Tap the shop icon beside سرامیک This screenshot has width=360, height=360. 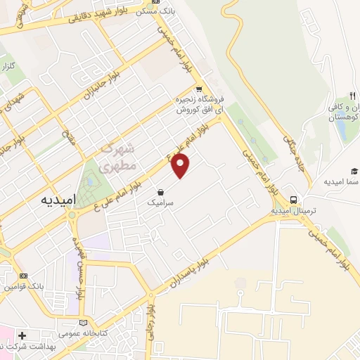pyautogui.click(x=161, y=191)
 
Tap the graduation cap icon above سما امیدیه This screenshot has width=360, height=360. pyautogui.click(x=354, y=171)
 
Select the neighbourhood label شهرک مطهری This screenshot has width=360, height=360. pyautogui.click(x=115, y=157)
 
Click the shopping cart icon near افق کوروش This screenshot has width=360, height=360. pyautogui.click(x=200, y=89)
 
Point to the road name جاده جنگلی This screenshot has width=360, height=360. pyautogui.click(x=292, y=148)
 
